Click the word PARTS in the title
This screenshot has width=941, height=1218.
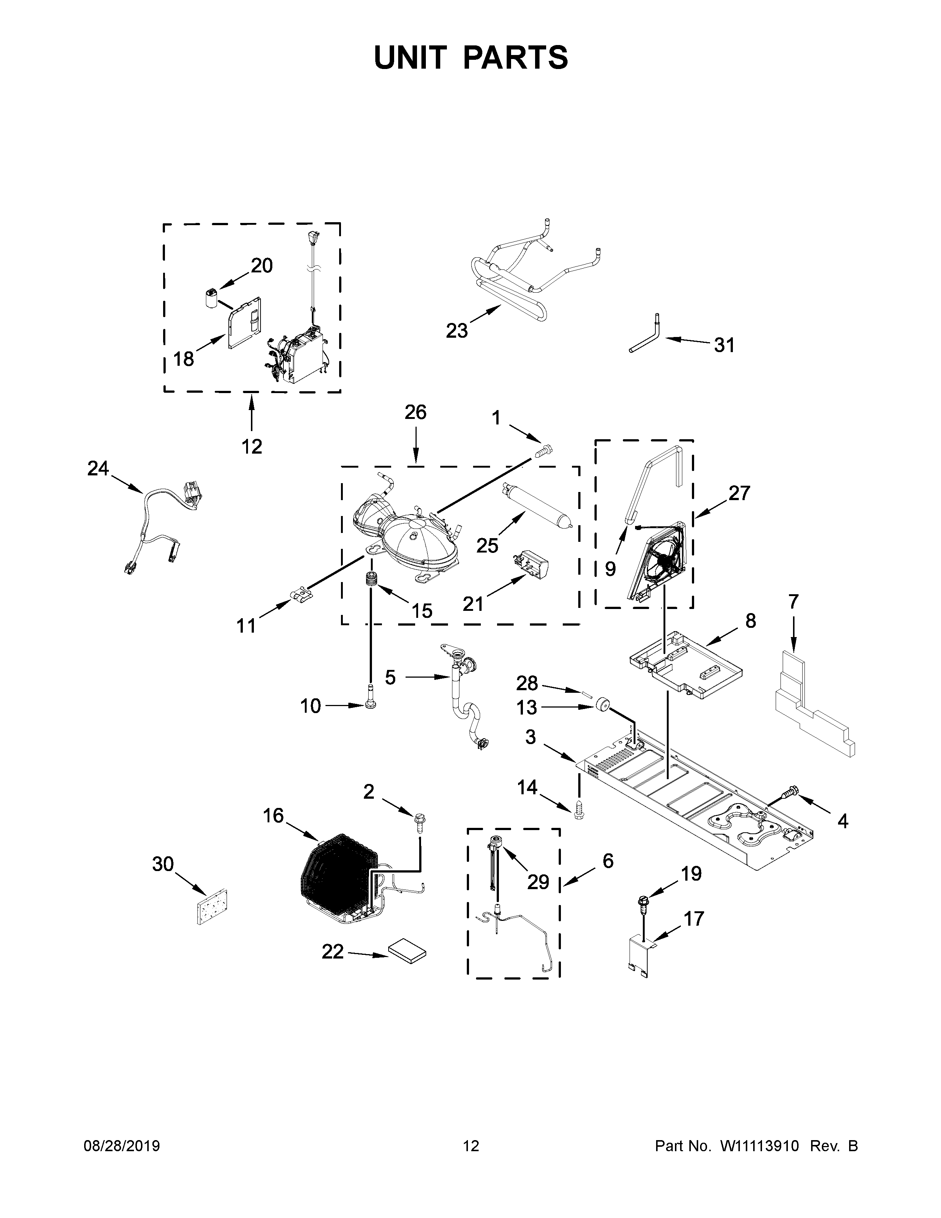516,58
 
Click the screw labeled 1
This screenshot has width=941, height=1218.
544,450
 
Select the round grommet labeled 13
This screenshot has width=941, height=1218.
601,705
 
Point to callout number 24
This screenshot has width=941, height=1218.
98,468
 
